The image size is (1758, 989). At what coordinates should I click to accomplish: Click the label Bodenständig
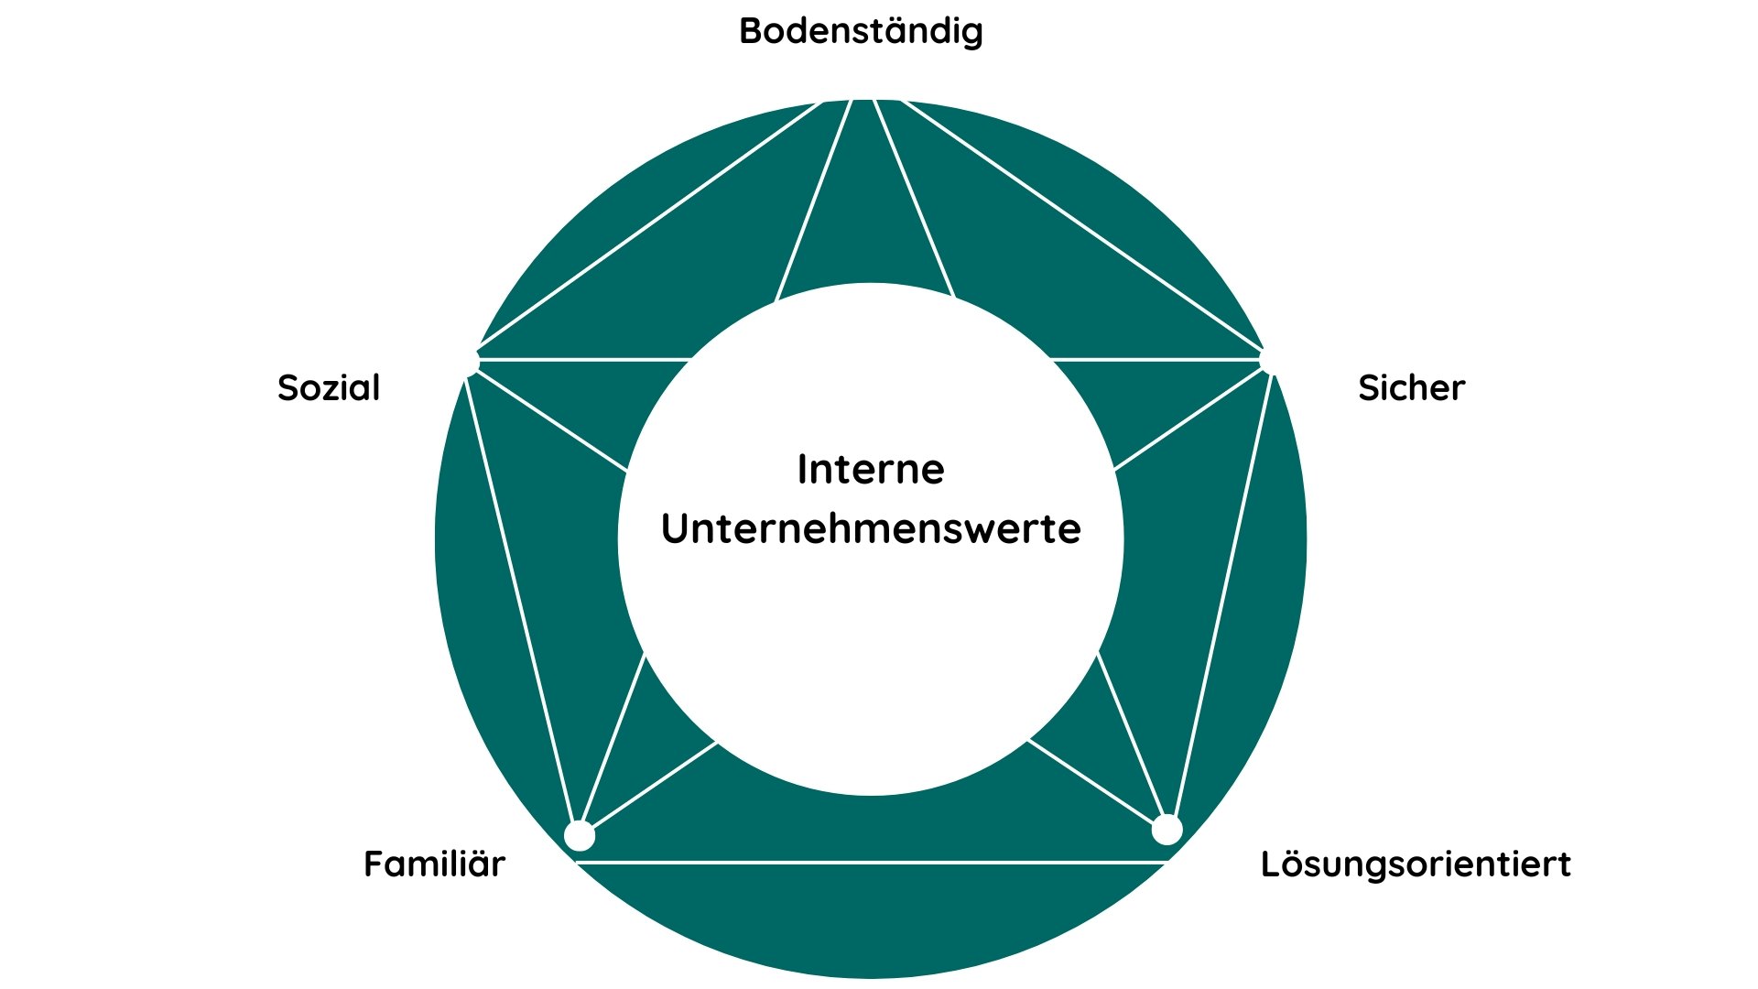861,31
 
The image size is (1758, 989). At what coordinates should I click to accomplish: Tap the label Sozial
329,388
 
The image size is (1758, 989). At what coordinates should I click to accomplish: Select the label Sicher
1411,388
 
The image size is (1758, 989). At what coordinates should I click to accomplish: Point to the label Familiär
434,864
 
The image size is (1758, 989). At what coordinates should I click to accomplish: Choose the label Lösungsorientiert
1416,864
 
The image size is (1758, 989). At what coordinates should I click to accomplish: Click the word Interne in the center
871,470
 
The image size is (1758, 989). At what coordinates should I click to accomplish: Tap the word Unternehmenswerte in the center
871,529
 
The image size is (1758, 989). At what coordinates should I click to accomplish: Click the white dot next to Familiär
580,836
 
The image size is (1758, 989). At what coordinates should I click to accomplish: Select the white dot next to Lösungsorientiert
1167,830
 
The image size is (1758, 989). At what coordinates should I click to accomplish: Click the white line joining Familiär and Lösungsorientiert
870,862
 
